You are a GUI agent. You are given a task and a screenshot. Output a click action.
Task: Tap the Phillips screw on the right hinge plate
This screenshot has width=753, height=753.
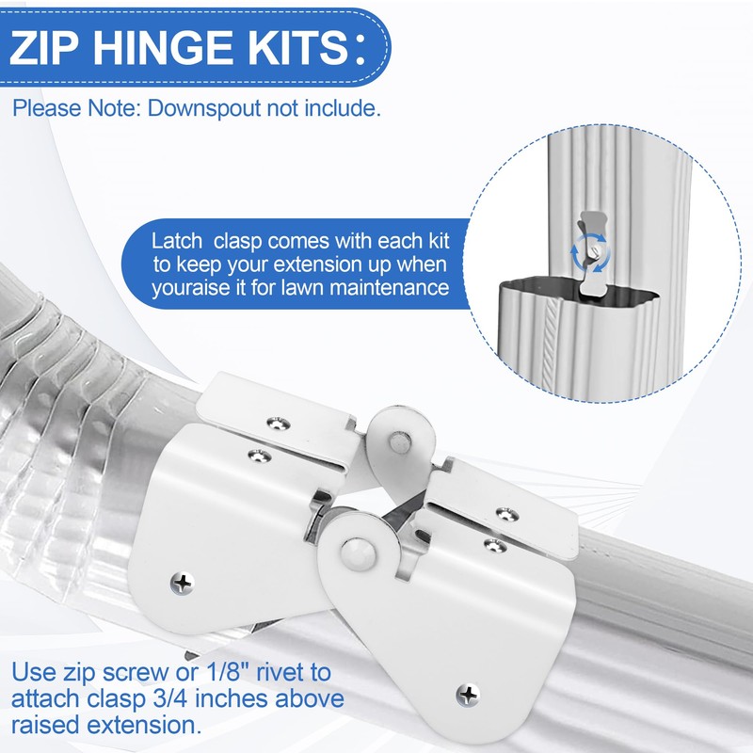point(467,696)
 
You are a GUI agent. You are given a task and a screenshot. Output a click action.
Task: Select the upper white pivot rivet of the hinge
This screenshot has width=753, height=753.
point(399,439)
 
